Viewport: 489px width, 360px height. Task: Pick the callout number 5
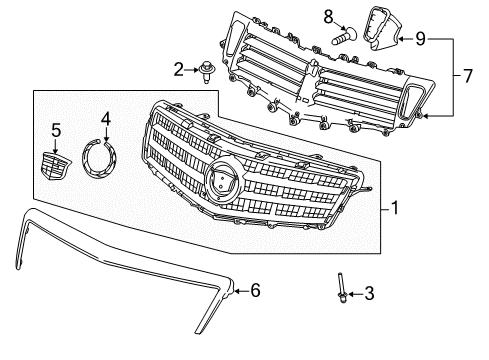point(56,129)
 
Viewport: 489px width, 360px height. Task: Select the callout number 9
point(419,39)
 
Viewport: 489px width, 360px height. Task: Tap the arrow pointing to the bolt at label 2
point(194,69)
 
